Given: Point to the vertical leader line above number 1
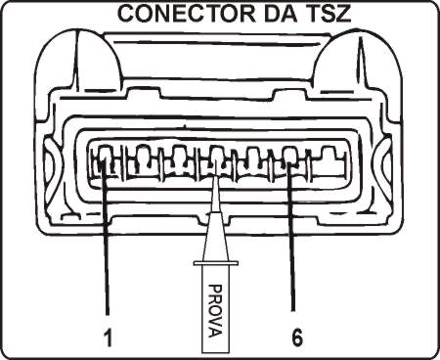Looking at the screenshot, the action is (105, 245).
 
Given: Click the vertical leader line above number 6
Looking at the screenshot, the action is (292, 245).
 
